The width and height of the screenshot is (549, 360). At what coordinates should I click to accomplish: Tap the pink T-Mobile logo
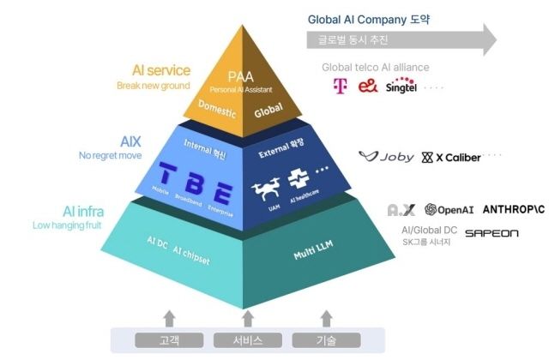338,86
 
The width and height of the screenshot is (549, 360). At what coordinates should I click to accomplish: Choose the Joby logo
386,157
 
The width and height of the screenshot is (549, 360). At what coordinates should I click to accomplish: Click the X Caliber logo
451,157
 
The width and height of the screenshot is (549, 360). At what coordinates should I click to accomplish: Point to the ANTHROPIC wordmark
514,209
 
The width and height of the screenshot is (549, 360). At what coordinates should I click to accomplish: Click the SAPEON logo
492,232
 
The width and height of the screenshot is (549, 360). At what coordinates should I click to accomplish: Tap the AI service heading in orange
161,70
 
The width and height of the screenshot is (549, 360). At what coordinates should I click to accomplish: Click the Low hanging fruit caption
67,225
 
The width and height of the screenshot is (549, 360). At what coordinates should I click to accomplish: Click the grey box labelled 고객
169,340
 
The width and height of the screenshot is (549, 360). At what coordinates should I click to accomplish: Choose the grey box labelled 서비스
247,340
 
